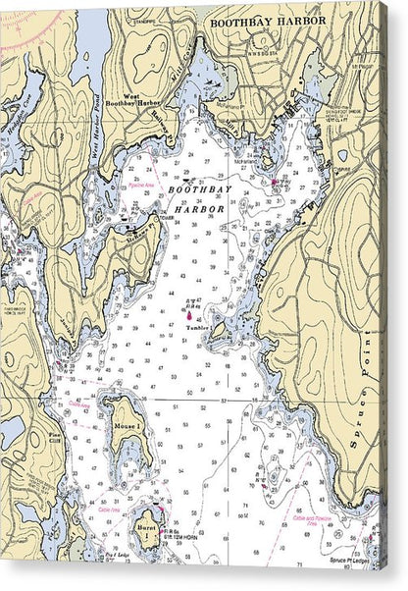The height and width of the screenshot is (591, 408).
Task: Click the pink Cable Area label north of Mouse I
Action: tap(79, 403)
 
